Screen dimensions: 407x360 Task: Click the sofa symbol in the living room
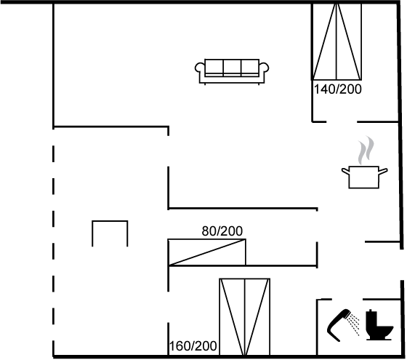[x=232, y=71]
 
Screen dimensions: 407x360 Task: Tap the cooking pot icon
[x=364, y=177]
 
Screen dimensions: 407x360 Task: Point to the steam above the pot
[x=366, y=150]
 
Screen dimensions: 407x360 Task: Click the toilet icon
[x=379, y=324]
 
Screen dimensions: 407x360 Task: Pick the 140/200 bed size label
[x=338, y=89]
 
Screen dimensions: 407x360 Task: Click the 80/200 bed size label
[x=222, y=231]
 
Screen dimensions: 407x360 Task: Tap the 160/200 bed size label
[x=193, y=346]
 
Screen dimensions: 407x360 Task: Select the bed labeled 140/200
[x=337, y=41]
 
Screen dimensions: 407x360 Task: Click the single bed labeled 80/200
[x=207, y=252]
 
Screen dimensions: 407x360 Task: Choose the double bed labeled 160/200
[x=245, y=317]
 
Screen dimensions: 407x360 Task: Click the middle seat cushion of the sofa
[x=232, y=67]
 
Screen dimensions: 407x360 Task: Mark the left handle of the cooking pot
[x=345, y=171]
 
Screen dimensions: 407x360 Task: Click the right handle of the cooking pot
[x=383, y=171]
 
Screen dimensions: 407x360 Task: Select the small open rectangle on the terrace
[x=110, y=222]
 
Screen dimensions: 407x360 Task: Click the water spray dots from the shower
[x=354, y=324]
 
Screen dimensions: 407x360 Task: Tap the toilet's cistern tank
[x=372, y=316]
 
